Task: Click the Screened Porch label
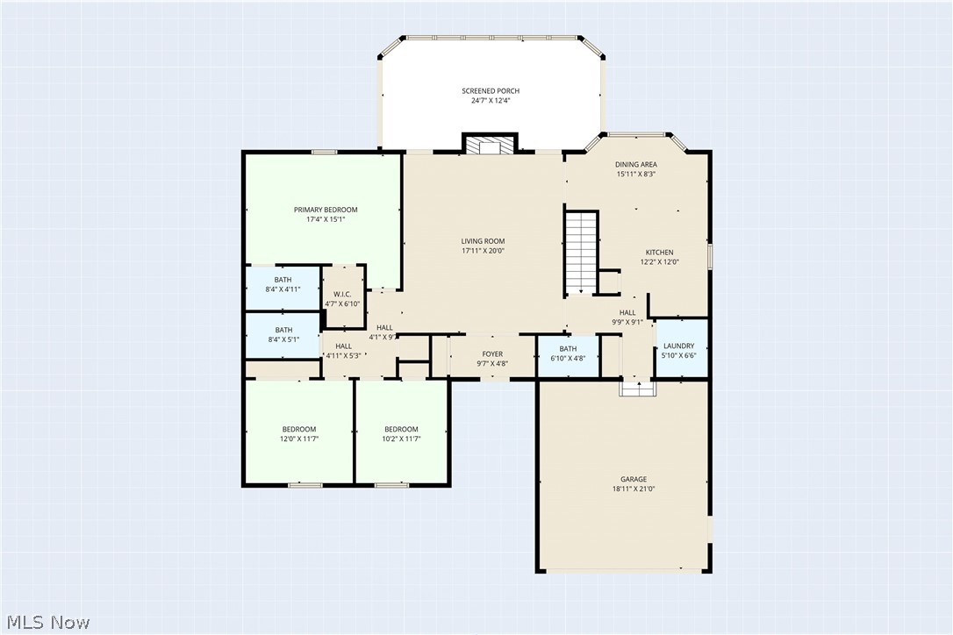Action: [491, 91]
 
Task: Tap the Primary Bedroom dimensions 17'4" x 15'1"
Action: [326, 219]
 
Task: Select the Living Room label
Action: [484, 241]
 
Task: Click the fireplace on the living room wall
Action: [490, 145]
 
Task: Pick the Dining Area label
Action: [636, 164]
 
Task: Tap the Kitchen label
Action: [659, 253]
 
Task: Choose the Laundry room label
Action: [679, 346]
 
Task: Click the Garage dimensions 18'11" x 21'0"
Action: [634, 489]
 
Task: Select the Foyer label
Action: [492, 354]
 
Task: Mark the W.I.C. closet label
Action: [342, 295]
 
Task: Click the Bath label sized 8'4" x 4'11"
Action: [283, 280]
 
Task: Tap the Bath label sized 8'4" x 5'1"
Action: [283, 330]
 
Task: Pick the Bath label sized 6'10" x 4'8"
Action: [568, 349]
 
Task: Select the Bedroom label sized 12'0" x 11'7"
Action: [298, 430]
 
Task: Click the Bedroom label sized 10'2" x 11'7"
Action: [401, 430]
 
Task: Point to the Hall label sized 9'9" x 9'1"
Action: [627, 312]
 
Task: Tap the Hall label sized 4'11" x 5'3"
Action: [343, 346]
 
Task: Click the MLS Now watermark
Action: [47, 622]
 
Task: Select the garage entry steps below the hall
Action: [638, 388]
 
